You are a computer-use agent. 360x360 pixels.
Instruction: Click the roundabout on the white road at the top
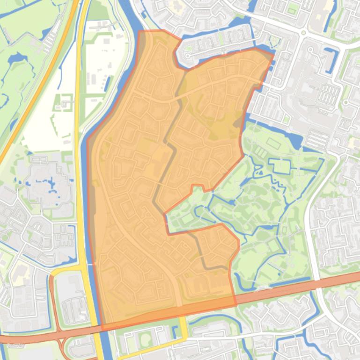(x=303, y=33)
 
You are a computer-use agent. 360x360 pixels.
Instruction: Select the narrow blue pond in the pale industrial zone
(x=107, y=84)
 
